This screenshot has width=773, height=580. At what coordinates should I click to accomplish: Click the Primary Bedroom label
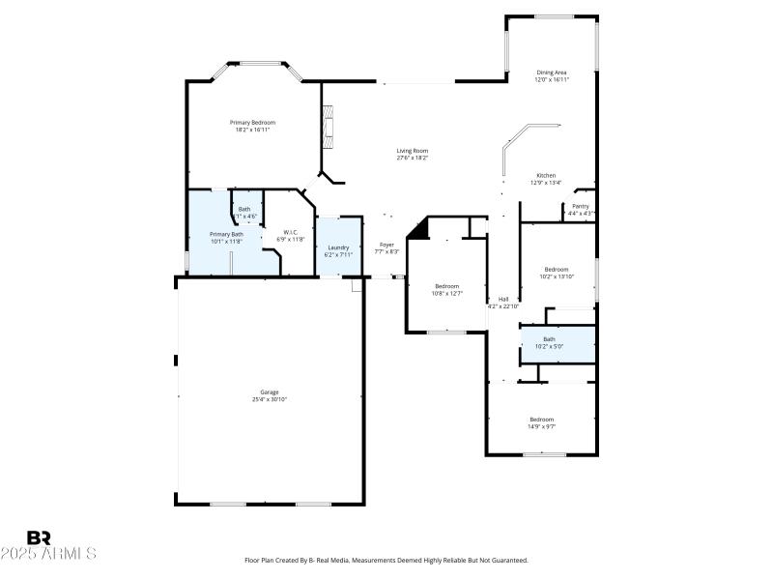click(252, 123)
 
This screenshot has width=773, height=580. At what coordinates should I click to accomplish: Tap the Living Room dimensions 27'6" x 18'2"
click(413, 158)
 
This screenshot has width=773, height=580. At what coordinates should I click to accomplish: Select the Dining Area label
click(552, 72)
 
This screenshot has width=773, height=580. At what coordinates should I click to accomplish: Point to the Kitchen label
click(546, 175)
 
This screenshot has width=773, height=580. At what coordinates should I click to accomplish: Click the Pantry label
click(580, 206)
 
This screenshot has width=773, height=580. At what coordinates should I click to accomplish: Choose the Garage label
click(270, 391)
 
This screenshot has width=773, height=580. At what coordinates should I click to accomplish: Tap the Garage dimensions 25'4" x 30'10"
click(270, 399)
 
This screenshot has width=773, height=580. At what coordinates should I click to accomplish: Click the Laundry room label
click(338, 248)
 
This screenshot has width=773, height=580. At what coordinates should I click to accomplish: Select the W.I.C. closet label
click(290, 231)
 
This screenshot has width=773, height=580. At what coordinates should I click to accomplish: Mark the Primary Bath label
click(227, 235)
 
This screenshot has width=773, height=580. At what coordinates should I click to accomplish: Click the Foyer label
click(386, 245)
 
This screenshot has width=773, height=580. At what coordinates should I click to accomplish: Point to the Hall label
click(503, 299)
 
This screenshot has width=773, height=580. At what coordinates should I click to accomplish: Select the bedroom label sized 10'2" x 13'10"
click(557, 269)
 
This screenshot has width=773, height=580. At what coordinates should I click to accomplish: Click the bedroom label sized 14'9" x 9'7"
click(541, 419)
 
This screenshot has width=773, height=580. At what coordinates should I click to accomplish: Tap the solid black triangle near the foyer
click(418, 228)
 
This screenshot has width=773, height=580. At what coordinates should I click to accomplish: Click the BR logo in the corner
click(40, 537)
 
